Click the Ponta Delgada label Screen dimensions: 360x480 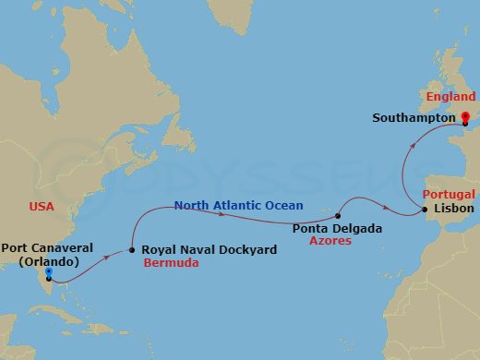point(336,227)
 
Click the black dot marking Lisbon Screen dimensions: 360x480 point(425,210)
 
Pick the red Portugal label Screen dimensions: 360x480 point(449,195)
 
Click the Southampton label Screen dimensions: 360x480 point(414,118)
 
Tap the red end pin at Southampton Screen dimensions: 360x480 point(464,117)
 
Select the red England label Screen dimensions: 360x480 point(450,97)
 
